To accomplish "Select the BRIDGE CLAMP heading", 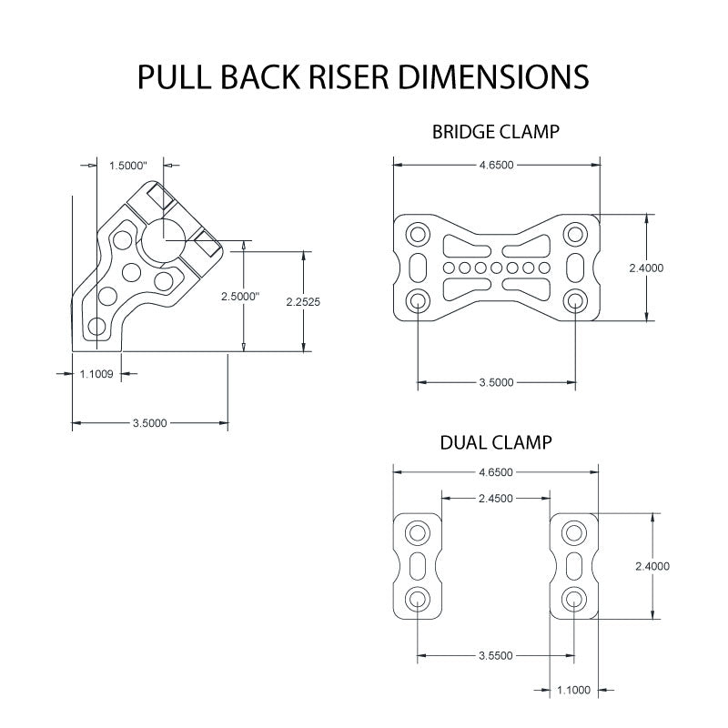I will (495, 132).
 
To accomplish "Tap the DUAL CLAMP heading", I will (495, 443).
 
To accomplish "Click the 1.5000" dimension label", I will (128, 166).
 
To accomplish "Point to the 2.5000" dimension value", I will (240, 297).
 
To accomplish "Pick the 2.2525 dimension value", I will (303, 300).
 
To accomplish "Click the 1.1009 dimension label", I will (97, 372).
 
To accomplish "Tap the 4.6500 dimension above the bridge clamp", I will (496, 164).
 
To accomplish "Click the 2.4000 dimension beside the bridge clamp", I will (647, 268).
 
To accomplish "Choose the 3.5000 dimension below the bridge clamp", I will (496, 382).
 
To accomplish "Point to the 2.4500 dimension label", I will (496, 498).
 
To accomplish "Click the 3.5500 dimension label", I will (496, 655).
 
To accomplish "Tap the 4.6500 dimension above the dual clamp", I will (496, 472).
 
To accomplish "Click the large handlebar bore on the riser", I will (164, 241).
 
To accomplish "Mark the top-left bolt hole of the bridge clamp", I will (418, 235).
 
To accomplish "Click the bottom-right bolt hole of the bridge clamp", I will (574, 300).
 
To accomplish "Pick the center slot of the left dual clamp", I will (418, 565).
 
